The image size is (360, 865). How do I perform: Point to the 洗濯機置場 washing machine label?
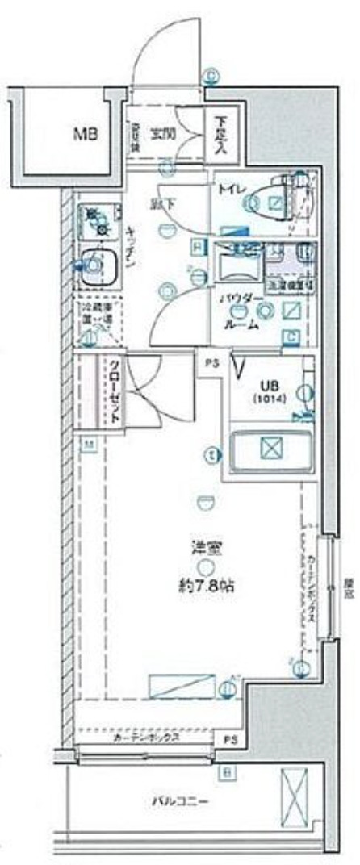click(x=287, y=284)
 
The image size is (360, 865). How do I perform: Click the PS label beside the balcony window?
click(x=231, y=738)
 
